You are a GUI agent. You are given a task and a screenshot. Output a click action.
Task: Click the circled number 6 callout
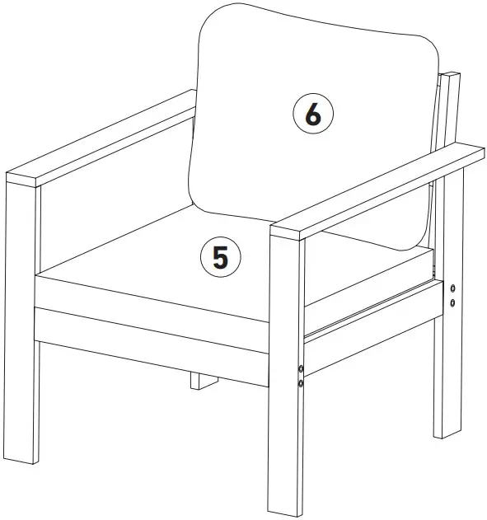[313, 116]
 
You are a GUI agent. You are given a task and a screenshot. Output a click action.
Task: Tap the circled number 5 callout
[220, 256]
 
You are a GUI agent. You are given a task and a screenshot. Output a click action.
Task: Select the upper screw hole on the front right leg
[301, 368]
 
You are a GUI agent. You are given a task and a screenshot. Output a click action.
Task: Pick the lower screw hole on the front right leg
[301, 383]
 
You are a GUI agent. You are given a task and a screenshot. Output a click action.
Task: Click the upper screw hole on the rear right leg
[452, 288]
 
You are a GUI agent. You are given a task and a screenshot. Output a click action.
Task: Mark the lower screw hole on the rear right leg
[452, 303]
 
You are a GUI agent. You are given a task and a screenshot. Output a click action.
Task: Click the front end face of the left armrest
[22, 180]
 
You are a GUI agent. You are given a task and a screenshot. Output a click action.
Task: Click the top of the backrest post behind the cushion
[449, 76]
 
